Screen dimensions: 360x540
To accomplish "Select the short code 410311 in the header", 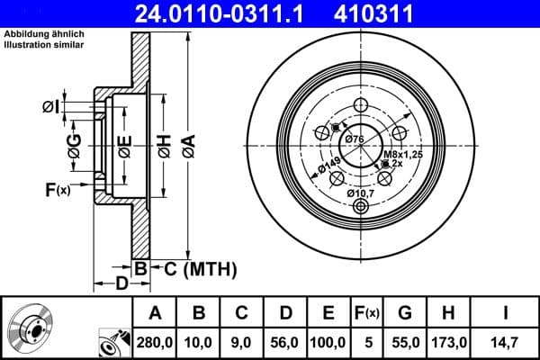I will coord(400,13).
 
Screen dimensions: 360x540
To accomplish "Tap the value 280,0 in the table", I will coord(154,343).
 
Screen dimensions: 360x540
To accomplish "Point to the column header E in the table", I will coord(328,313).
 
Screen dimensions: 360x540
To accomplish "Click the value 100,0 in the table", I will coord(328,343).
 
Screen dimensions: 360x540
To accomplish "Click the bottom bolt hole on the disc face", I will coord(362,207).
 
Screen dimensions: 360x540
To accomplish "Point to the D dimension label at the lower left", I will coord(121,285).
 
